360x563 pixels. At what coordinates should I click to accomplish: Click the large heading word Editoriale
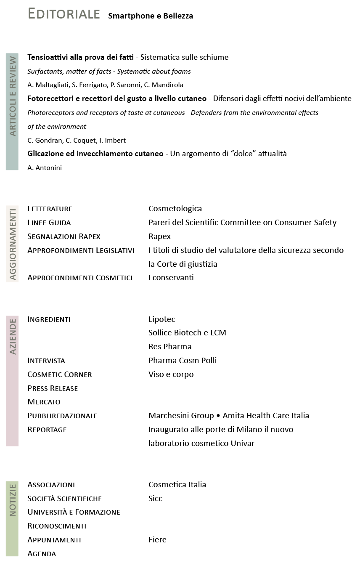(64, 14)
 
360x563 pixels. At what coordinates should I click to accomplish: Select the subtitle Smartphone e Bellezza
(151, 16)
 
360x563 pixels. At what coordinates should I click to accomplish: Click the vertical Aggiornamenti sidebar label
(12, 244)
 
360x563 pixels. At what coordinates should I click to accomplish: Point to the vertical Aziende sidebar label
(12, 337)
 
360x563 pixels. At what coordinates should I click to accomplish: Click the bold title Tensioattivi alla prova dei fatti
(80, 57)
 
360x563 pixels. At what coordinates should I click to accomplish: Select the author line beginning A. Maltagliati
(105, 85)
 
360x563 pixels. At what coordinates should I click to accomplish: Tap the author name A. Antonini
(45, 168)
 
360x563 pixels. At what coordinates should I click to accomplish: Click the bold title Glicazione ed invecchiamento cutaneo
(95, 154)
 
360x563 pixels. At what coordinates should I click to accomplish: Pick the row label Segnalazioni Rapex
(64, 236)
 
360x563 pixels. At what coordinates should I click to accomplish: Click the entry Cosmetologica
(175, 209)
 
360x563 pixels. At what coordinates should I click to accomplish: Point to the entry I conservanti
(171, 278)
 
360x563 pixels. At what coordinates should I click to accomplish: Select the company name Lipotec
(161, 319)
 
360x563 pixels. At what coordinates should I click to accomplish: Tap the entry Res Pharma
(170, 347)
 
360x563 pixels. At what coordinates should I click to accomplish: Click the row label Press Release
(53, 388)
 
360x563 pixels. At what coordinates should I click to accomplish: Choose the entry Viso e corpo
(171, 374)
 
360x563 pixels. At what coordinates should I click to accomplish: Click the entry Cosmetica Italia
(177, 485)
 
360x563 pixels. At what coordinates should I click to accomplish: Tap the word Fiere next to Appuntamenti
(157, 540)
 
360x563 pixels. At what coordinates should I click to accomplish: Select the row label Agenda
(42, 554)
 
